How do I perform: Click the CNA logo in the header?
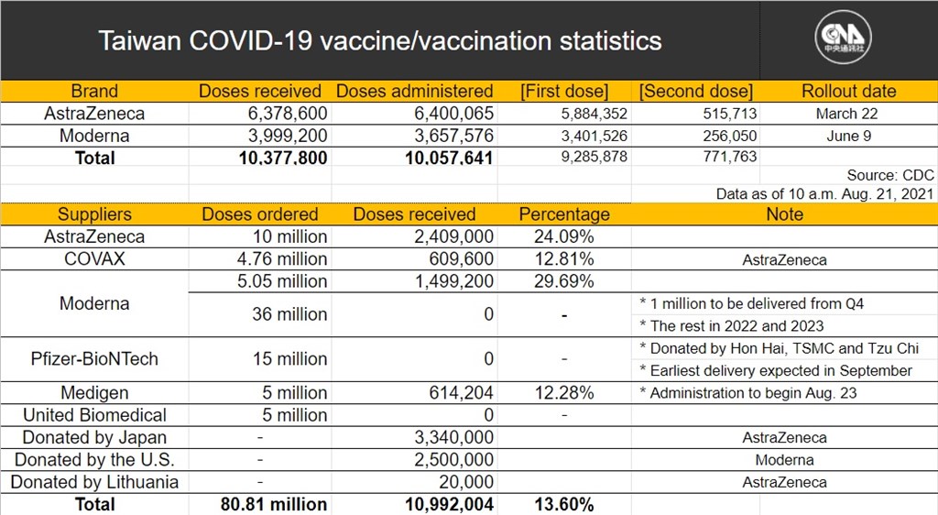(843, 37)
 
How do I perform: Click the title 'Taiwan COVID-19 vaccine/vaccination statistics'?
(380, 41)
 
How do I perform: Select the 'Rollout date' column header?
(849, 91)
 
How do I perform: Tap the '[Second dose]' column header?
(696, 92)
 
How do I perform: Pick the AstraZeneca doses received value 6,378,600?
(288, 113)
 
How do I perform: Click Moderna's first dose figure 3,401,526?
(594, 136)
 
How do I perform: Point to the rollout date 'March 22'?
(846, 114)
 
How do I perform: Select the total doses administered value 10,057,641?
(449, 158)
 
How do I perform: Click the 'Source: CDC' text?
(890, 175)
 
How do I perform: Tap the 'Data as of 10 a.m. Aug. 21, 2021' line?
(825, 193)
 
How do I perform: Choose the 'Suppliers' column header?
(94, 214)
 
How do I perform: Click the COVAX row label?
(94, 259)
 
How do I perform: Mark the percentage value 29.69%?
(564, 281)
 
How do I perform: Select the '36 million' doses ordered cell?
(289, 314)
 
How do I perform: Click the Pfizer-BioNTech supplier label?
(94, 359)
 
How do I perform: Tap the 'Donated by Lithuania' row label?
(94, 482)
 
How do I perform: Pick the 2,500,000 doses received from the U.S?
(454, 460)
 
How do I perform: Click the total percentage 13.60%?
(564, 504)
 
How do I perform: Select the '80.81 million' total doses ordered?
(273, 504)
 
